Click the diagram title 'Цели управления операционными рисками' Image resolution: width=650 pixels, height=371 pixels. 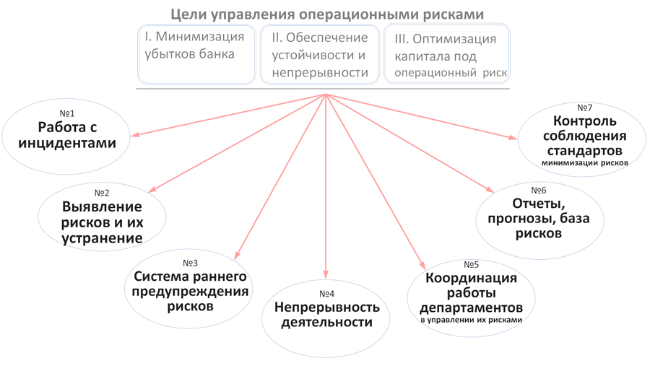coord(327,14)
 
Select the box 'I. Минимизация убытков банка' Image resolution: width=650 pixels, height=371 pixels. coord(196,54)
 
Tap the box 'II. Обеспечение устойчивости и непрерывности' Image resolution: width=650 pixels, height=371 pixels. coord(320,54)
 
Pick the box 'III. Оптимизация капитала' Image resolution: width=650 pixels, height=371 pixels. coord(446,54)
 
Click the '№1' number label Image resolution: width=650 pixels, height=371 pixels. coord(66,113)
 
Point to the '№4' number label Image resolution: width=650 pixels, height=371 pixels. coord(326,294)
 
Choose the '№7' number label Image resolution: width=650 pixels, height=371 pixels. coord(584,108)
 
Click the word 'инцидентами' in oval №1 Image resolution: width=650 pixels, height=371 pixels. coord(67,143)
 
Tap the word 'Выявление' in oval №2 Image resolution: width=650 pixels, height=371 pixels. coord(102,206)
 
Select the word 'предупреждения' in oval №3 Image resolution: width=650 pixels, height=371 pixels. coord(190,292)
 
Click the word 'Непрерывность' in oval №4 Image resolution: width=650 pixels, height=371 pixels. coord(326,307)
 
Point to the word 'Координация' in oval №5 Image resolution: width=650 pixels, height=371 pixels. coord(471,279)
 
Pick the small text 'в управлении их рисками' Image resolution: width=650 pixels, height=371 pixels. coord(471,320)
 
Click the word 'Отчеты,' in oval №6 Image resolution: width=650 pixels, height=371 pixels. coord(539,204)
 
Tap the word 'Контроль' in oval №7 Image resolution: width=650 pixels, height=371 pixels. coord(584,121)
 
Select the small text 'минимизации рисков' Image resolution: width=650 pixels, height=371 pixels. coord(584,163)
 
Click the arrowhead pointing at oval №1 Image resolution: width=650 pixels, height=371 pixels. coord(134,135)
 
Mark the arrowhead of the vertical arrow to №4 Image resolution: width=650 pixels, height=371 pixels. coord(326,275)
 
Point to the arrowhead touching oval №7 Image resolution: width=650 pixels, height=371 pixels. coord(514,138)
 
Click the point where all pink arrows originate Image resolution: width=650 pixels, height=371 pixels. coord(326,95)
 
